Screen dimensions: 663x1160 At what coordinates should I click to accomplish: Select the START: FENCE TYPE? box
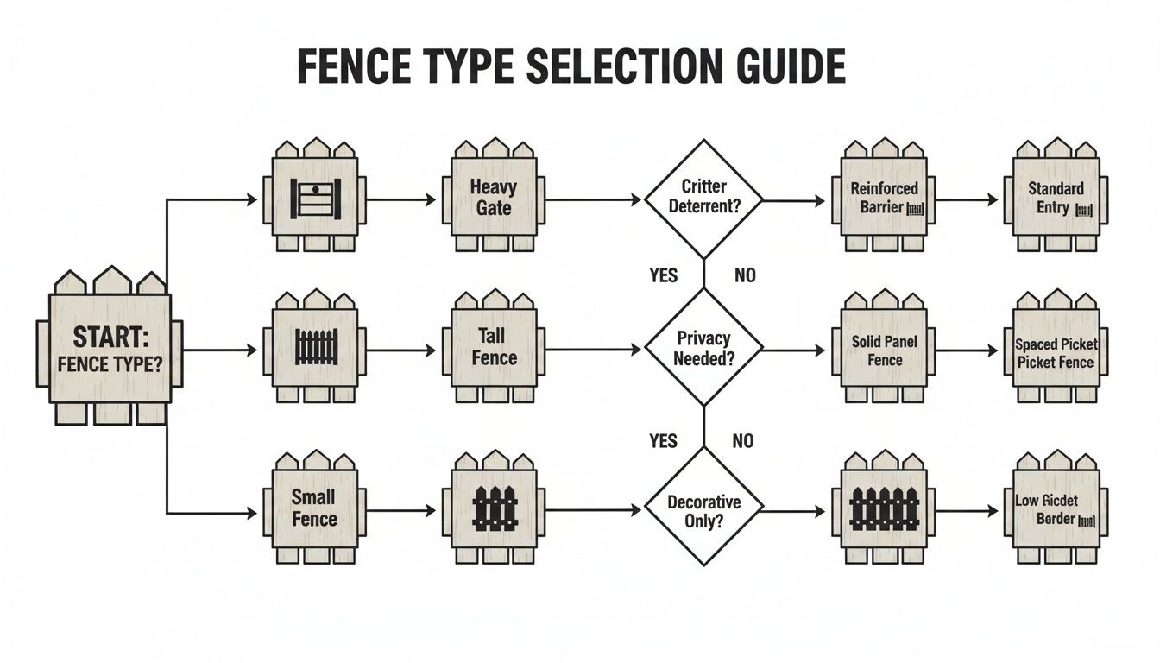(110, 348)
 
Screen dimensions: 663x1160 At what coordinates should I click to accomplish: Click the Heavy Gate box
(494, 198)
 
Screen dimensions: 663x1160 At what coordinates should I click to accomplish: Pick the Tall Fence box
(494, 347)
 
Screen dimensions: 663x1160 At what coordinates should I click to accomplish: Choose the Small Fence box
(315, 508)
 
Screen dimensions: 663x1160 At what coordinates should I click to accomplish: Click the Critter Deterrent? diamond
(703, 198)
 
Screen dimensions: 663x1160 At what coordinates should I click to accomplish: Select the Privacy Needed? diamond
(703, 349)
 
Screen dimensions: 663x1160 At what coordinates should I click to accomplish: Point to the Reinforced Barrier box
(884, 198)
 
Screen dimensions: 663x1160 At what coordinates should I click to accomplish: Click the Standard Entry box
(1056, 198)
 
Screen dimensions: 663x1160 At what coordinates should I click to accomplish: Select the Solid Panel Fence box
(884, 350)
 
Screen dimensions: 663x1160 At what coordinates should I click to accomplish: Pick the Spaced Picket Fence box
(1056, 352)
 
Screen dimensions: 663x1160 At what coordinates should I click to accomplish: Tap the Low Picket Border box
(1056, 510)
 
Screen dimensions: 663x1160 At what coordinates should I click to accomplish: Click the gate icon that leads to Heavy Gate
(315, 199)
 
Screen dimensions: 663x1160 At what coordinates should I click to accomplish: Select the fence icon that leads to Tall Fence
(315, 347)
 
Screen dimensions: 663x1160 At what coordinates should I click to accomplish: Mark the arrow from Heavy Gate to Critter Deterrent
(595, 199)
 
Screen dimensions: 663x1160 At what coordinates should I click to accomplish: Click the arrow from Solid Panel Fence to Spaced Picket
(967, 351)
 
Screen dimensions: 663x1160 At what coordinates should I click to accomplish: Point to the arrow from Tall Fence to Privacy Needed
(595, 350)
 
